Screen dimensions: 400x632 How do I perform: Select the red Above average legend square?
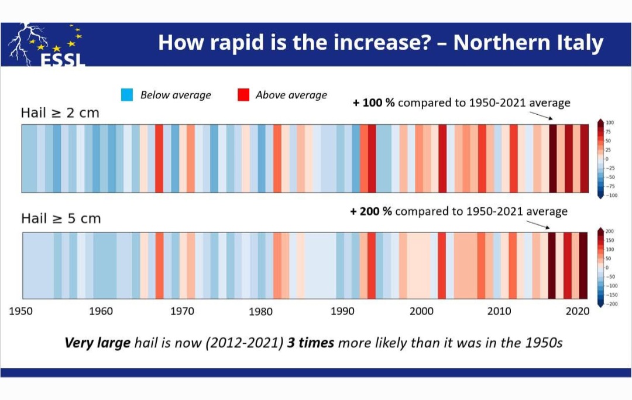(x=243, y=95)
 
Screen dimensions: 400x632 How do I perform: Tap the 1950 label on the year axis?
(x=20, y=311)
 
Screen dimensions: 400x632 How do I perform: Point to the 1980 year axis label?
(x=260, y=312)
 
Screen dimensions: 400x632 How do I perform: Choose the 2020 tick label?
(x=578, y=311)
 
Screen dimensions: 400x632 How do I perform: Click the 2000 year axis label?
(x=421, y=311)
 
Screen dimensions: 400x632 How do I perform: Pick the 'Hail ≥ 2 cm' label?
(x=60, y=113)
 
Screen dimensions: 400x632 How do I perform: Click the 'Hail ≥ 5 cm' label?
(x=61, y=218)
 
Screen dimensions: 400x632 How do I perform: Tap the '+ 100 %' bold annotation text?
(x=374, y=103)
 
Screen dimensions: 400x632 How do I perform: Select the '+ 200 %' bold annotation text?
(x=371, y=211)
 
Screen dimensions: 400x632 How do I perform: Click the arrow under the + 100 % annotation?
(x=542, y=116)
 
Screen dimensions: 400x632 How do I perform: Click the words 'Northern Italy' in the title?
(x=528, y=43)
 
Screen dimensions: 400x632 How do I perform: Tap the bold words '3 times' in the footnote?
(x=310, y=343)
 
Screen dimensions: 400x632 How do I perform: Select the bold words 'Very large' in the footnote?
(x=97, y=343)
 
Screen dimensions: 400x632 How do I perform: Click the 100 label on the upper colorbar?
(x=610, y=122)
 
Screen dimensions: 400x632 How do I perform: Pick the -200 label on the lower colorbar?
(x=610, y=304)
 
